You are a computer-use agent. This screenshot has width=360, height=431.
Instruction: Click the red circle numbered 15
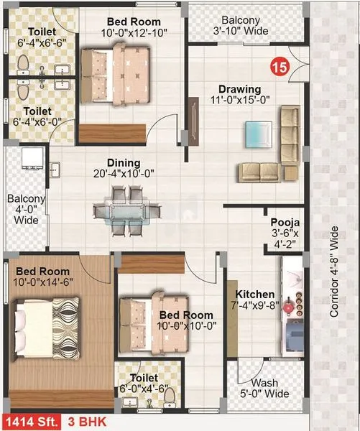point(280,68)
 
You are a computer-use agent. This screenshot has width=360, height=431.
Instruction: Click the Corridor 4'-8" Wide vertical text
point(333,272)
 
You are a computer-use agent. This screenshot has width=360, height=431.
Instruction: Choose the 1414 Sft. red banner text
point(30,422)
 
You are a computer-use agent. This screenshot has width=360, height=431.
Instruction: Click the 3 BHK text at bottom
point(81,422)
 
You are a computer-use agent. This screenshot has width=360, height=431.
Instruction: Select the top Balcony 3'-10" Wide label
point(241,26)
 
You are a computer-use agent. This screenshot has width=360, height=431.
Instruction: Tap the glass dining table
point(122,210)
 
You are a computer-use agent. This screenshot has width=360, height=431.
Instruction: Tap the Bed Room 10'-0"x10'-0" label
point(185,320)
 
